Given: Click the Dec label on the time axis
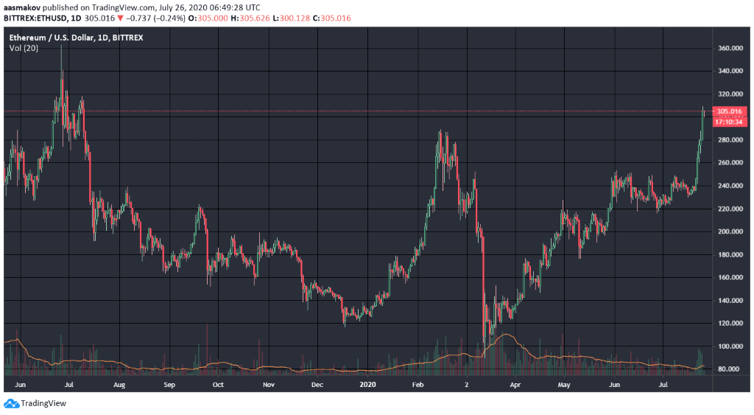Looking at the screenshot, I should coord(317,384).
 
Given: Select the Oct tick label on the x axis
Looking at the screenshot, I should coord(217,384).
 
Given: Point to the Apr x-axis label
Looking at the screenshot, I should coord(515,384).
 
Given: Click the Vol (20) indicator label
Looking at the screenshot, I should coord(24,48).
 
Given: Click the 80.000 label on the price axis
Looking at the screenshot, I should coord(729,369).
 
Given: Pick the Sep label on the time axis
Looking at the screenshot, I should coord(169,384).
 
